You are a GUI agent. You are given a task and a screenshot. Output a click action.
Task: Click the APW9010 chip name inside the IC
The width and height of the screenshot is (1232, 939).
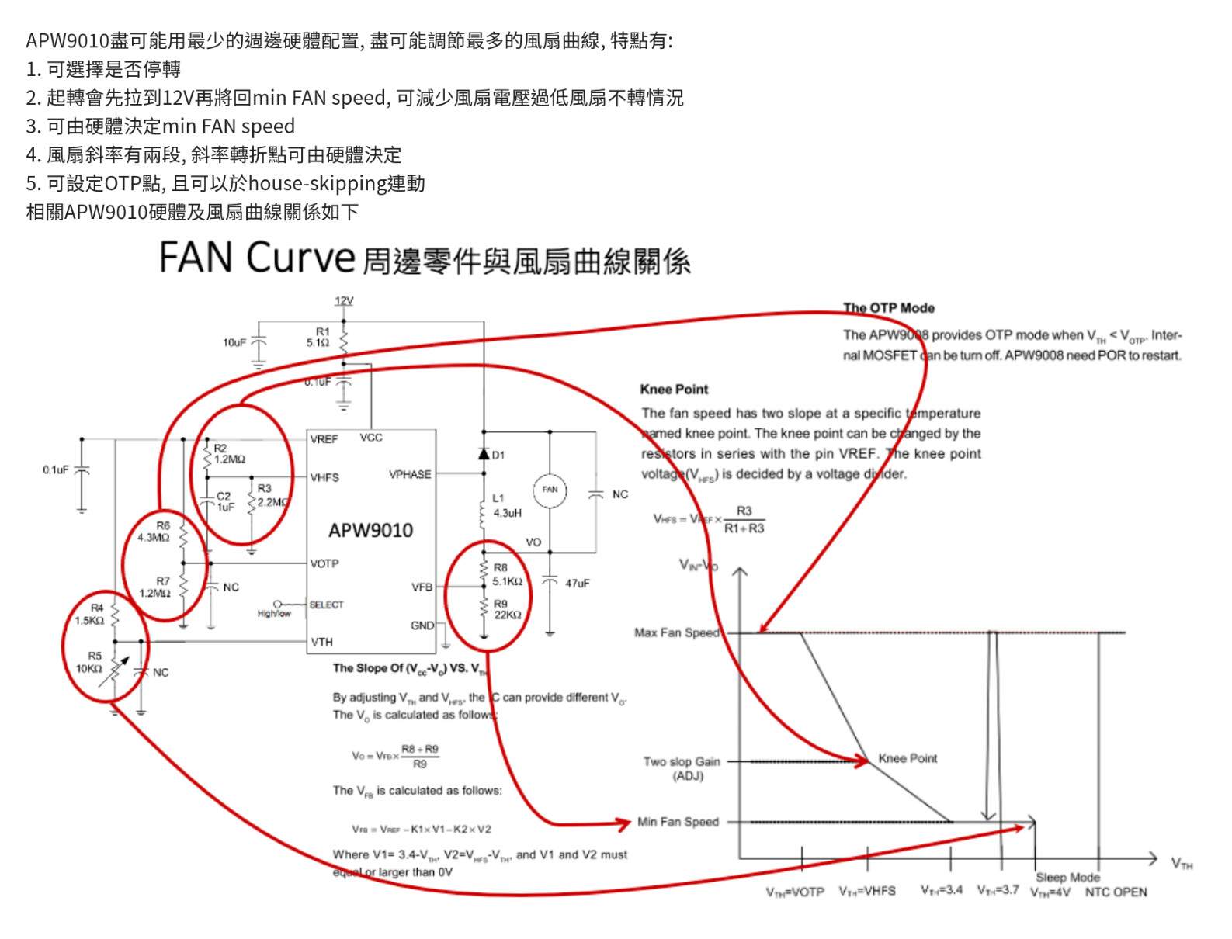[x=370, y=531]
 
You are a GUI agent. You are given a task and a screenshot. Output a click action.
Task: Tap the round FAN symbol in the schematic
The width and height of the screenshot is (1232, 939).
[x=550, y=490]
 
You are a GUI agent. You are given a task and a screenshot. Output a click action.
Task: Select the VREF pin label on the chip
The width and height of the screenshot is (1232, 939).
[x=324, y=439]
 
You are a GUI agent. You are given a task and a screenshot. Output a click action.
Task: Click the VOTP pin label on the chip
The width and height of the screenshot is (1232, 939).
[x=324, y=563]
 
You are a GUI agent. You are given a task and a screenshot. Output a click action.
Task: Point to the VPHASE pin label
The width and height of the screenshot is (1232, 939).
[x=410, y=474]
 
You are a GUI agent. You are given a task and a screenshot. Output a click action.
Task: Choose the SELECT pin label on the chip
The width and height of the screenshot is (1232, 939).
[x=326, y=605]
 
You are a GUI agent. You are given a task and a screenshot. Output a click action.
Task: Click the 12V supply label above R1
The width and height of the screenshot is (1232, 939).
[x=344, y=300]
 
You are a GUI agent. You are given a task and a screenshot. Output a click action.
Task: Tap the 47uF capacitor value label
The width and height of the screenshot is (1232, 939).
[x=577, y=584]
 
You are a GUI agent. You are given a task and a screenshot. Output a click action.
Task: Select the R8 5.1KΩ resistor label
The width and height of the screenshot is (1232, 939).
[x=507, y=575]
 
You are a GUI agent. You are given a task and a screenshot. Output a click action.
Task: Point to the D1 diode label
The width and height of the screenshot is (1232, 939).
[x=498, y=455]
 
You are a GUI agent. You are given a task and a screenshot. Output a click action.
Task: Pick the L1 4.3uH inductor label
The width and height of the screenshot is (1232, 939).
[x=506, y=506]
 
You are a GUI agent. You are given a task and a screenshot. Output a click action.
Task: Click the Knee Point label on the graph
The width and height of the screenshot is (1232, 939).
[x=908, y=758]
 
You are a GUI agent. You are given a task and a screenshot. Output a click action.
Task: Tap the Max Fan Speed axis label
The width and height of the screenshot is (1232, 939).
[x=677, y=632]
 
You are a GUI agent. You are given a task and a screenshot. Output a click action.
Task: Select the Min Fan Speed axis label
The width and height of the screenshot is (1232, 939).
[x=678, y=822]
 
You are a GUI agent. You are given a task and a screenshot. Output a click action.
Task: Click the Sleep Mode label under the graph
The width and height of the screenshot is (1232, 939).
[x=1067, y=877]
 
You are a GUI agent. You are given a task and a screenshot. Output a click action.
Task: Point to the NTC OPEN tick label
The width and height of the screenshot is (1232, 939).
[x=1116, y=892]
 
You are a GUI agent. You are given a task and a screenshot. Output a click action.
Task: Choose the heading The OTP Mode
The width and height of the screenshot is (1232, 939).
[x=889, y=308]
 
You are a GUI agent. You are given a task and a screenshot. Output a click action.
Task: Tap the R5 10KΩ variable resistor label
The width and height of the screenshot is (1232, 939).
[x=89, y=662]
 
